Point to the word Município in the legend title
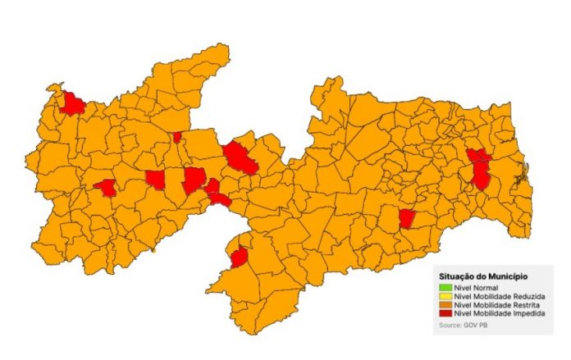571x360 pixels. pyautogui.click(x=508, y=276)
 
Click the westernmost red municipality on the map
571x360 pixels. pyautogui.click(x=73, y=103)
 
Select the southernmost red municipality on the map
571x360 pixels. pyautogui.click(x=240, y=257)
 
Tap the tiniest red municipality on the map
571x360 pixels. pyautogui.click(x=177, y=137)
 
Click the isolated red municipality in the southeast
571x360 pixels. pyautogui.click(x=406, y=218)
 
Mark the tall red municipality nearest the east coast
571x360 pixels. pyautogui.click(x=481, y=174)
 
